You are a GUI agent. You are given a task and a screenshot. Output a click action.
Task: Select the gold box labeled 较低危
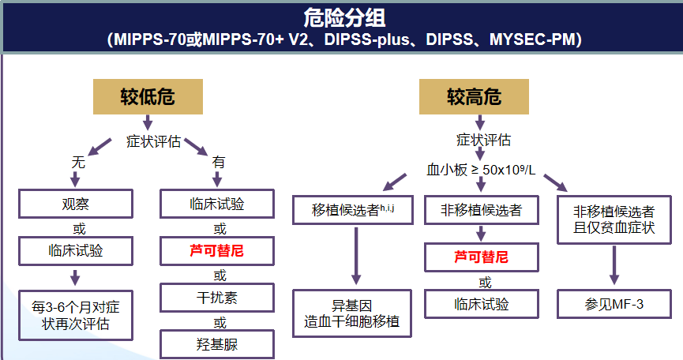(148, 97)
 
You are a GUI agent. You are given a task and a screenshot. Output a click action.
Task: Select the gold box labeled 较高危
(474, 97)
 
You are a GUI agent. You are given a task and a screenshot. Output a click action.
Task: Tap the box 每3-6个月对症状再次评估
(76, 314)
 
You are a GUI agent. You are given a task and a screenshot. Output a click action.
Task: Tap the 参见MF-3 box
(614, 303)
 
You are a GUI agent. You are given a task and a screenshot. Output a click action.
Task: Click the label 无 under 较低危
(78, 162)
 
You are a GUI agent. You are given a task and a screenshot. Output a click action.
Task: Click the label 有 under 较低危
(219, 162)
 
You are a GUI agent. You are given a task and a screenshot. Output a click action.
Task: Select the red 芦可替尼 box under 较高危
(481, 257)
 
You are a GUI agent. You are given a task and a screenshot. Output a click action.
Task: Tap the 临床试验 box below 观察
(76, 251)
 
